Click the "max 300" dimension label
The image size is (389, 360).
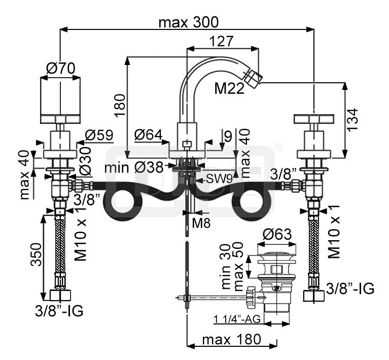pos(188,22)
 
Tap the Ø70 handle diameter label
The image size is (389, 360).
pos(60,68)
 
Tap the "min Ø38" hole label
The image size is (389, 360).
pos(134,167)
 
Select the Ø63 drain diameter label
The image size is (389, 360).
pos(277,235)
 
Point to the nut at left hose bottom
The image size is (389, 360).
pos(60,294)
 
